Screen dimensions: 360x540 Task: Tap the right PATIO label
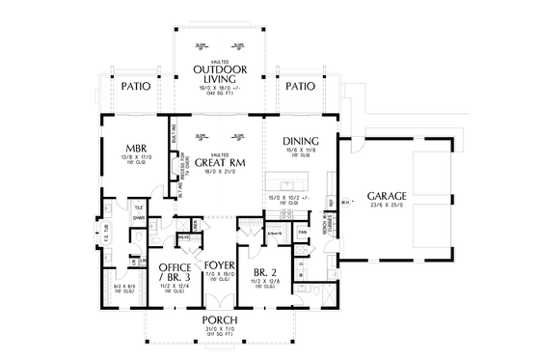pyautogui.click(x=300, y=87)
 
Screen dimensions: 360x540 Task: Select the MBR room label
pyautogui.click(x=135, y=150)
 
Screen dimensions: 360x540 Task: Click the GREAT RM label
pyautogui.click(x=222, y=163)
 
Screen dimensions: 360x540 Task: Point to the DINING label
pyautogui.click(x=299, y=140)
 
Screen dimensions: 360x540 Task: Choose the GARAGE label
pyautogui.click(x=386, y=196)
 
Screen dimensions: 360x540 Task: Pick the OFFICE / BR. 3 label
pyautogui.click(x=174, y=272)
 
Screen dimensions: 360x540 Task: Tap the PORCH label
pyautogui.click(x=220, y=320)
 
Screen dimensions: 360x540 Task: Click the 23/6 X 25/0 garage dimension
pyautogui.click(x=386, y=206)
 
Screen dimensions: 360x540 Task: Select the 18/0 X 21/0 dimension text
pyautogui.click(x=222, y=173)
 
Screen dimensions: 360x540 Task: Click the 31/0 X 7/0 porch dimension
pyautogui.click(x=220, y=329)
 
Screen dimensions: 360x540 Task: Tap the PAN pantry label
pyautogui.click(x=302, y=233)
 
